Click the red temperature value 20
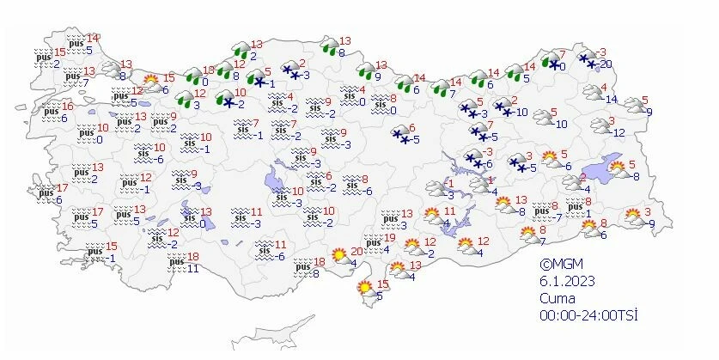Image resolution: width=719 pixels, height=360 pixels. pyautogui.click(x=356, y=250)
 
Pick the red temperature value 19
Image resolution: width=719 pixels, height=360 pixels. pyautogui.click(x=389, y=238)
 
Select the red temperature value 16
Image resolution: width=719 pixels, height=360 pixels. pyautogui.click(x=67, y=106)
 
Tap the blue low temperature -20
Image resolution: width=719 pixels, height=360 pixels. pyautogui.click(x=604, y=64)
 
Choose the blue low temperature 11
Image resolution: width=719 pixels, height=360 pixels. pyautogui.click(x=193, y=268)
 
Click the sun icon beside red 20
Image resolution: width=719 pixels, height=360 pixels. pyautogui.click(x=341, y=254)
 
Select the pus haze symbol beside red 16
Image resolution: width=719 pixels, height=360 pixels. pyautogui.click(x=51, y=110)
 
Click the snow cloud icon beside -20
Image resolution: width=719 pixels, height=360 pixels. pyautogui.click(x=588, y=58)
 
